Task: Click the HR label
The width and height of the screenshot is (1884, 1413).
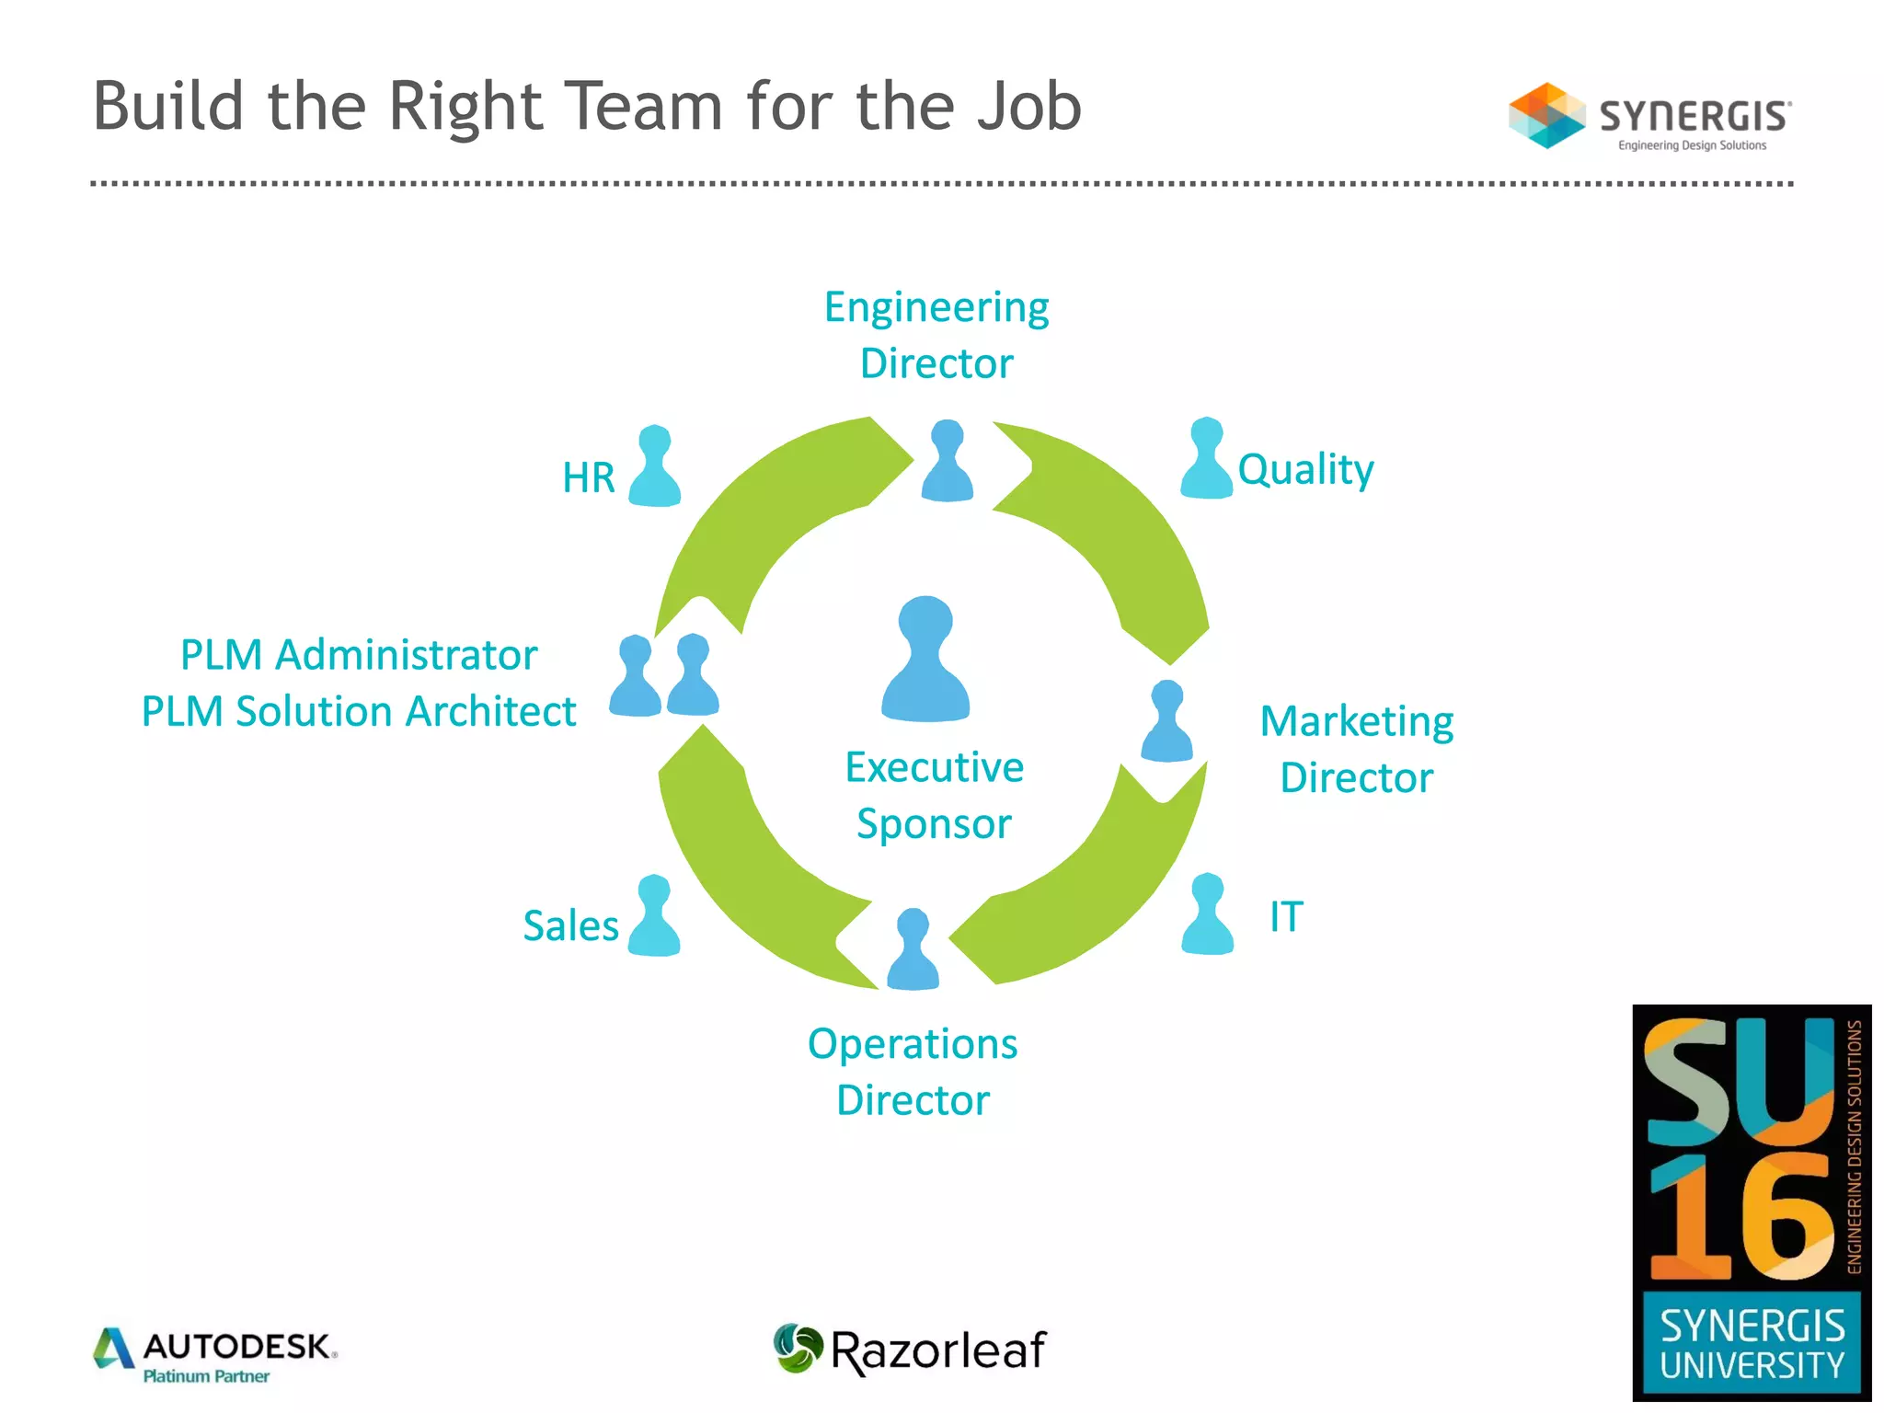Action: [x=588, y=478]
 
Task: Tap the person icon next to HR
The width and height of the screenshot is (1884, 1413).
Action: [x=655, y=467]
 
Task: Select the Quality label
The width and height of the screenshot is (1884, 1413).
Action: [x=1304, y=470]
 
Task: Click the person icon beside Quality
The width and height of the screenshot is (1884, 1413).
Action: [x=1206, y=459]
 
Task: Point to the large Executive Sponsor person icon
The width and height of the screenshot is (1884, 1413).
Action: [x=925, y=660]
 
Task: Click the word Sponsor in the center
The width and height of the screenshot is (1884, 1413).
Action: [x=934, y=824]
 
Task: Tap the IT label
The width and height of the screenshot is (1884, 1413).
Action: [x=1286, y=916]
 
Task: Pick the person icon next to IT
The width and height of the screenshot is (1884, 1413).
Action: [x=1207, y=915]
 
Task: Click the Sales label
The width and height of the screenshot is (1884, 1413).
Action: [x=570, y=925]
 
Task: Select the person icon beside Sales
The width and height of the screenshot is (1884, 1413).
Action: [x=654, y=917]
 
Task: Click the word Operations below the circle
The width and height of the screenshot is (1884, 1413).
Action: [x=913, y=1044]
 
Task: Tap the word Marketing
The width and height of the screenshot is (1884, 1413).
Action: [x=1356, y=722]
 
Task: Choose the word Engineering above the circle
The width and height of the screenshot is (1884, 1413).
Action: [x=936, y=307]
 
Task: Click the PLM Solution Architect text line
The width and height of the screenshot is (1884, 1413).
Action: [x=359, y=712]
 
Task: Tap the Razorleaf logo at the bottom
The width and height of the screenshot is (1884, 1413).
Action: [x=911, y=1350]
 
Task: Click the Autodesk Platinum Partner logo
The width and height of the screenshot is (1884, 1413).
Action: [x=215, y=1354]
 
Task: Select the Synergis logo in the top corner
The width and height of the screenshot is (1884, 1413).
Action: [x=1649, y=117]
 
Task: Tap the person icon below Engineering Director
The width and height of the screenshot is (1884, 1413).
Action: [x=947, y=462]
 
